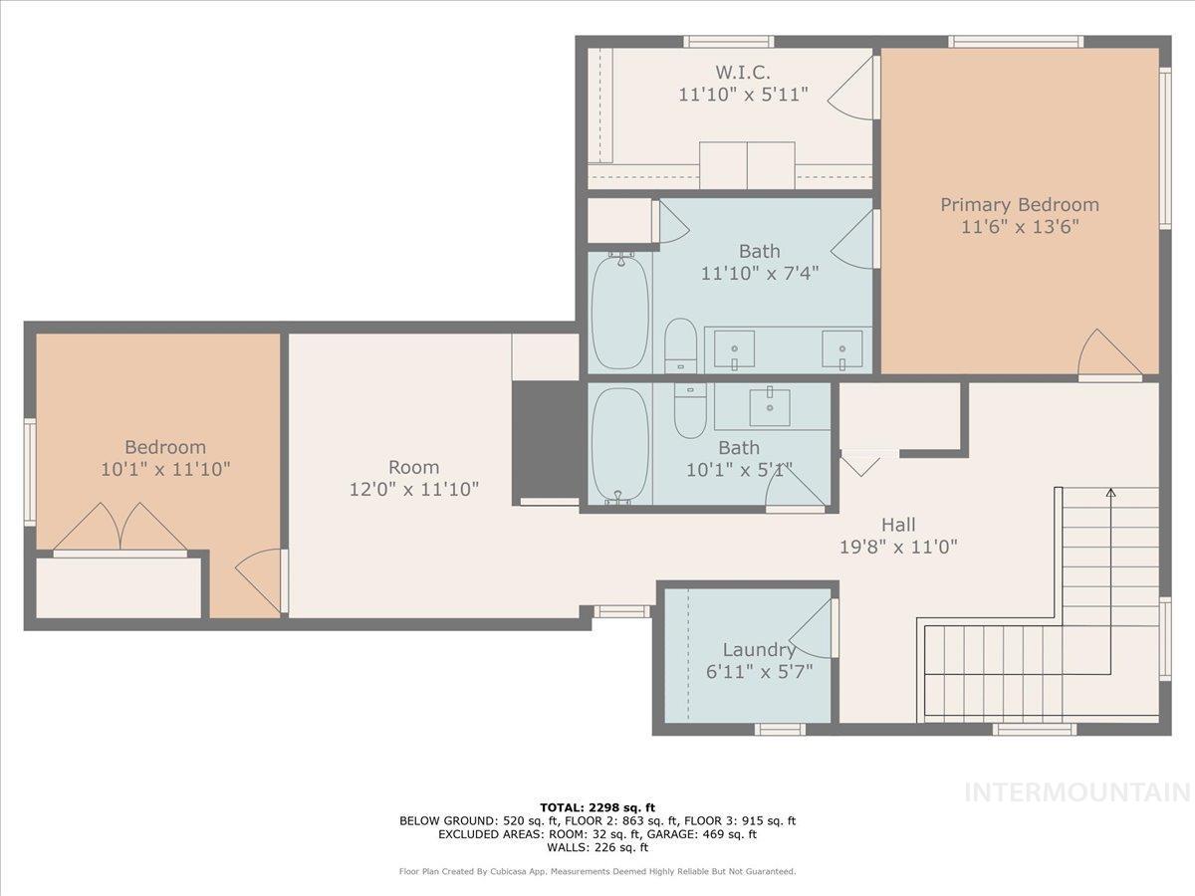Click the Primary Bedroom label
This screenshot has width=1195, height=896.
pyautogui.click(x=1020, y=205)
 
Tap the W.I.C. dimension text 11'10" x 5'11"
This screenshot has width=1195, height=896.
pyautogui.click(x=742, y=95)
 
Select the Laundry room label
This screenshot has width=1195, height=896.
pyautogui.click(x=746, y=650)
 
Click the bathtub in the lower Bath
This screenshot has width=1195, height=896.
pyautogui.click(x=620, y=445)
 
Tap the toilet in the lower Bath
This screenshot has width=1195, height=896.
pyautogui.click(x=690, y=410)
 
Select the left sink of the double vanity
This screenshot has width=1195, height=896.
pyautogui.click(x=735, y=348)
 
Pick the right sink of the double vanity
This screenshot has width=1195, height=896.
pyautogui.click(x=842, y=348)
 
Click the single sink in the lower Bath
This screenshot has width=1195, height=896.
pyautogui.click(x=770, y=406)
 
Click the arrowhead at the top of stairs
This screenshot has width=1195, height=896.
pyautogui.click(x=1110, y=492)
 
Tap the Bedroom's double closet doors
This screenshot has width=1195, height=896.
pyautogui.click(x=119, y=528)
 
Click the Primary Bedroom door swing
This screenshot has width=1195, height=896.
pyautogui.click(x=1108, y=353)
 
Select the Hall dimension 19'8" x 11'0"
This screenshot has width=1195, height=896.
pyautogui.click(x=898, y=546)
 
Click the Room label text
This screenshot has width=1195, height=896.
pyautogui.click(x=413, y=467)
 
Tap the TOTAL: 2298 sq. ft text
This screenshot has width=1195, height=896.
pyautogui.click(x=597, y=807)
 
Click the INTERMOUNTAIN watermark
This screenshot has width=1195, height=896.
pyautogui.click(x=1077, y=792)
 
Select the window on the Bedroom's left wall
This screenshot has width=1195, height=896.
pyautogui.click(x=30, y=472)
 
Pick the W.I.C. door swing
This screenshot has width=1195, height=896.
pyautogui.click(x=852, y=90)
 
